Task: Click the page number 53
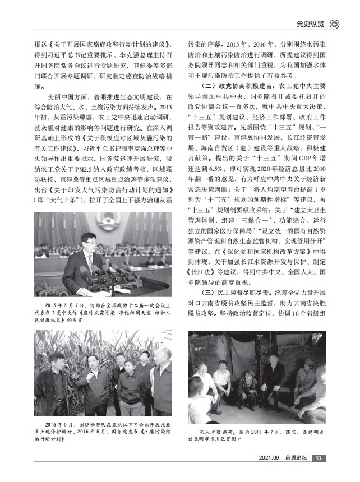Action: click(x=317, y=458)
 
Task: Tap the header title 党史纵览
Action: click(x=310, y=24)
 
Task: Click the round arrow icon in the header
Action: click(x=335, y=24)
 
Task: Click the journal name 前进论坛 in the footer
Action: click(x=295, y=458)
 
